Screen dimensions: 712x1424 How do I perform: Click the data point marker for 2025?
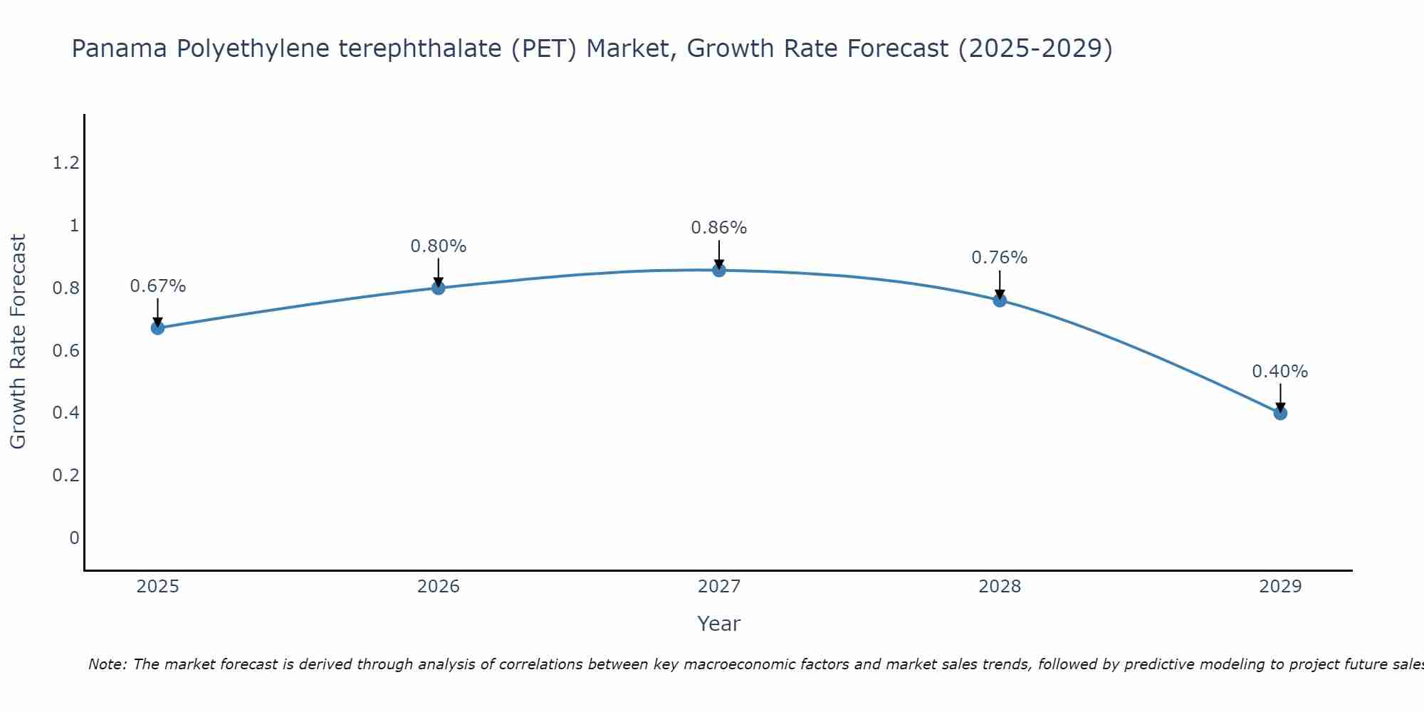157,328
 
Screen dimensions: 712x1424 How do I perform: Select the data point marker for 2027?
718,270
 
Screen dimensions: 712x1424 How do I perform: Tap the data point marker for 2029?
1279,413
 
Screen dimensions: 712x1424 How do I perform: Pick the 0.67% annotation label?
157,286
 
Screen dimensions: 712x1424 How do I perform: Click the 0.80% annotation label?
438,246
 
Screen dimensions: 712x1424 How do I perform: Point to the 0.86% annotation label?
718,228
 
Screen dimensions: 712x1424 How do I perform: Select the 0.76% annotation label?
999,258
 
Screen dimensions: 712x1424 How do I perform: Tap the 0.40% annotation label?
1279,372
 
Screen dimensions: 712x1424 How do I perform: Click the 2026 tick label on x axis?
438,587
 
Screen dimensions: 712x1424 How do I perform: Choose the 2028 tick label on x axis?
999,587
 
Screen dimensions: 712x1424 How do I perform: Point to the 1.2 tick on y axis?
66,164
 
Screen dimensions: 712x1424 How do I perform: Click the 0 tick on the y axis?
74,538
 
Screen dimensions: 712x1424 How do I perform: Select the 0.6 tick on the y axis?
66,351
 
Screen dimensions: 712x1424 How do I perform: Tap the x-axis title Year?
718,624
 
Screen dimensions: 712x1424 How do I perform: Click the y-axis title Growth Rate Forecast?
18,342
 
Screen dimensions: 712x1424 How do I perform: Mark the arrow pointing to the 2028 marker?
999,285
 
